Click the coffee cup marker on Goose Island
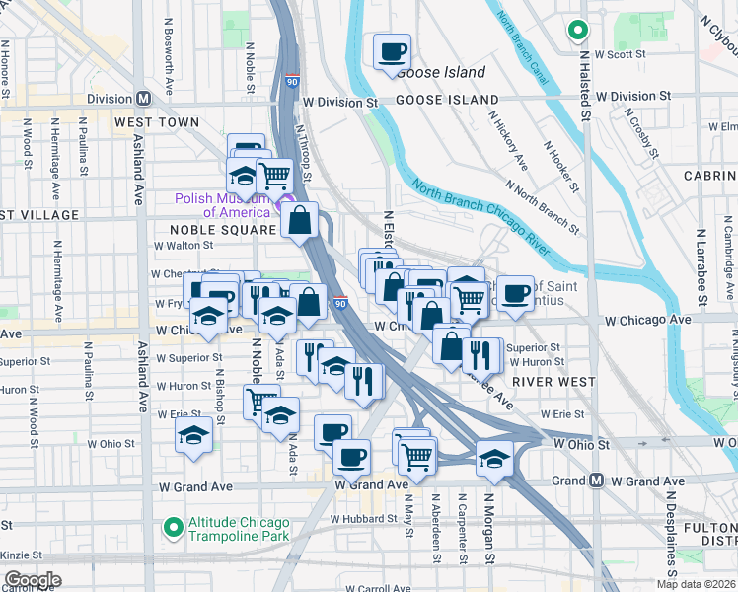[x=392, y=50]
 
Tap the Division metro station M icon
[x=143, y=99]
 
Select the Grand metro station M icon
[x=596, y=481]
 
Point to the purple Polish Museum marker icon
[x=288, y=205]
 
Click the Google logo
[x=32, y=580]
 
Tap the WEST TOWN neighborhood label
[x=156, y=122]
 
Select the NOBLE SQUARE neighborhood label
[x=216, y=230]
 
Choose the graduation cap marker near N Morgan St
[x=494, y=456]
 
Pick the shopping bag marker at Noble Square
[x=300, y=218]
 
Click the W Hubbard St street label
[x=365, y=518]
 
